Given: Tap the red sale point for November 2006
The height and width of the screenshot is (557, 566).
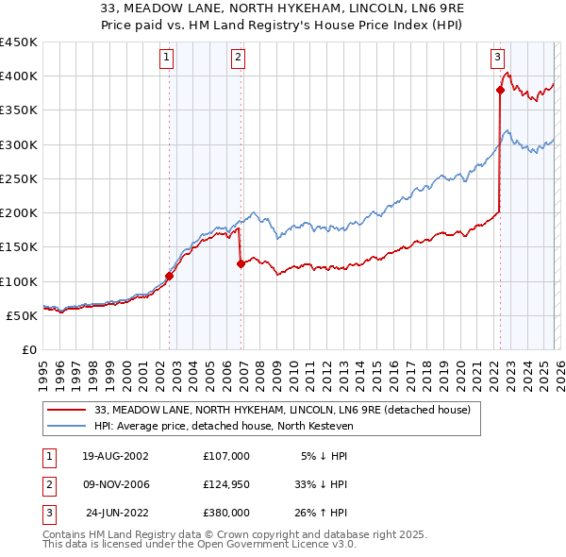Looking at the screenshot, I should coord(241,264).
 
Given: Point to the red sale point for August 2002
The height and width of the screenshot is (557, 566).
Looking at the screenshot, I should coord(170,277).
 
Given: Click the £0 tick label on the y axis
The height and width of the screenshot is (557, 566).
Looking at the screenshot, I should coord(29,349).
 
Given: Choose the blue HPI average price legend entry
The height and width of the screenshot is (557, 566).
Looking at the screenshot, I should coord(236,426).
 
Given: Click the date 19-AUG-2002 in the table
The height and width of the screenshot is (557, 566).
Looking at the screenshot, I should coord(115,456).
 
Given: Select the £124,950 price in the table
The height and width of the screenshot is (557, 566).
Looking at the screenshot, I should coord(225,484).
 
